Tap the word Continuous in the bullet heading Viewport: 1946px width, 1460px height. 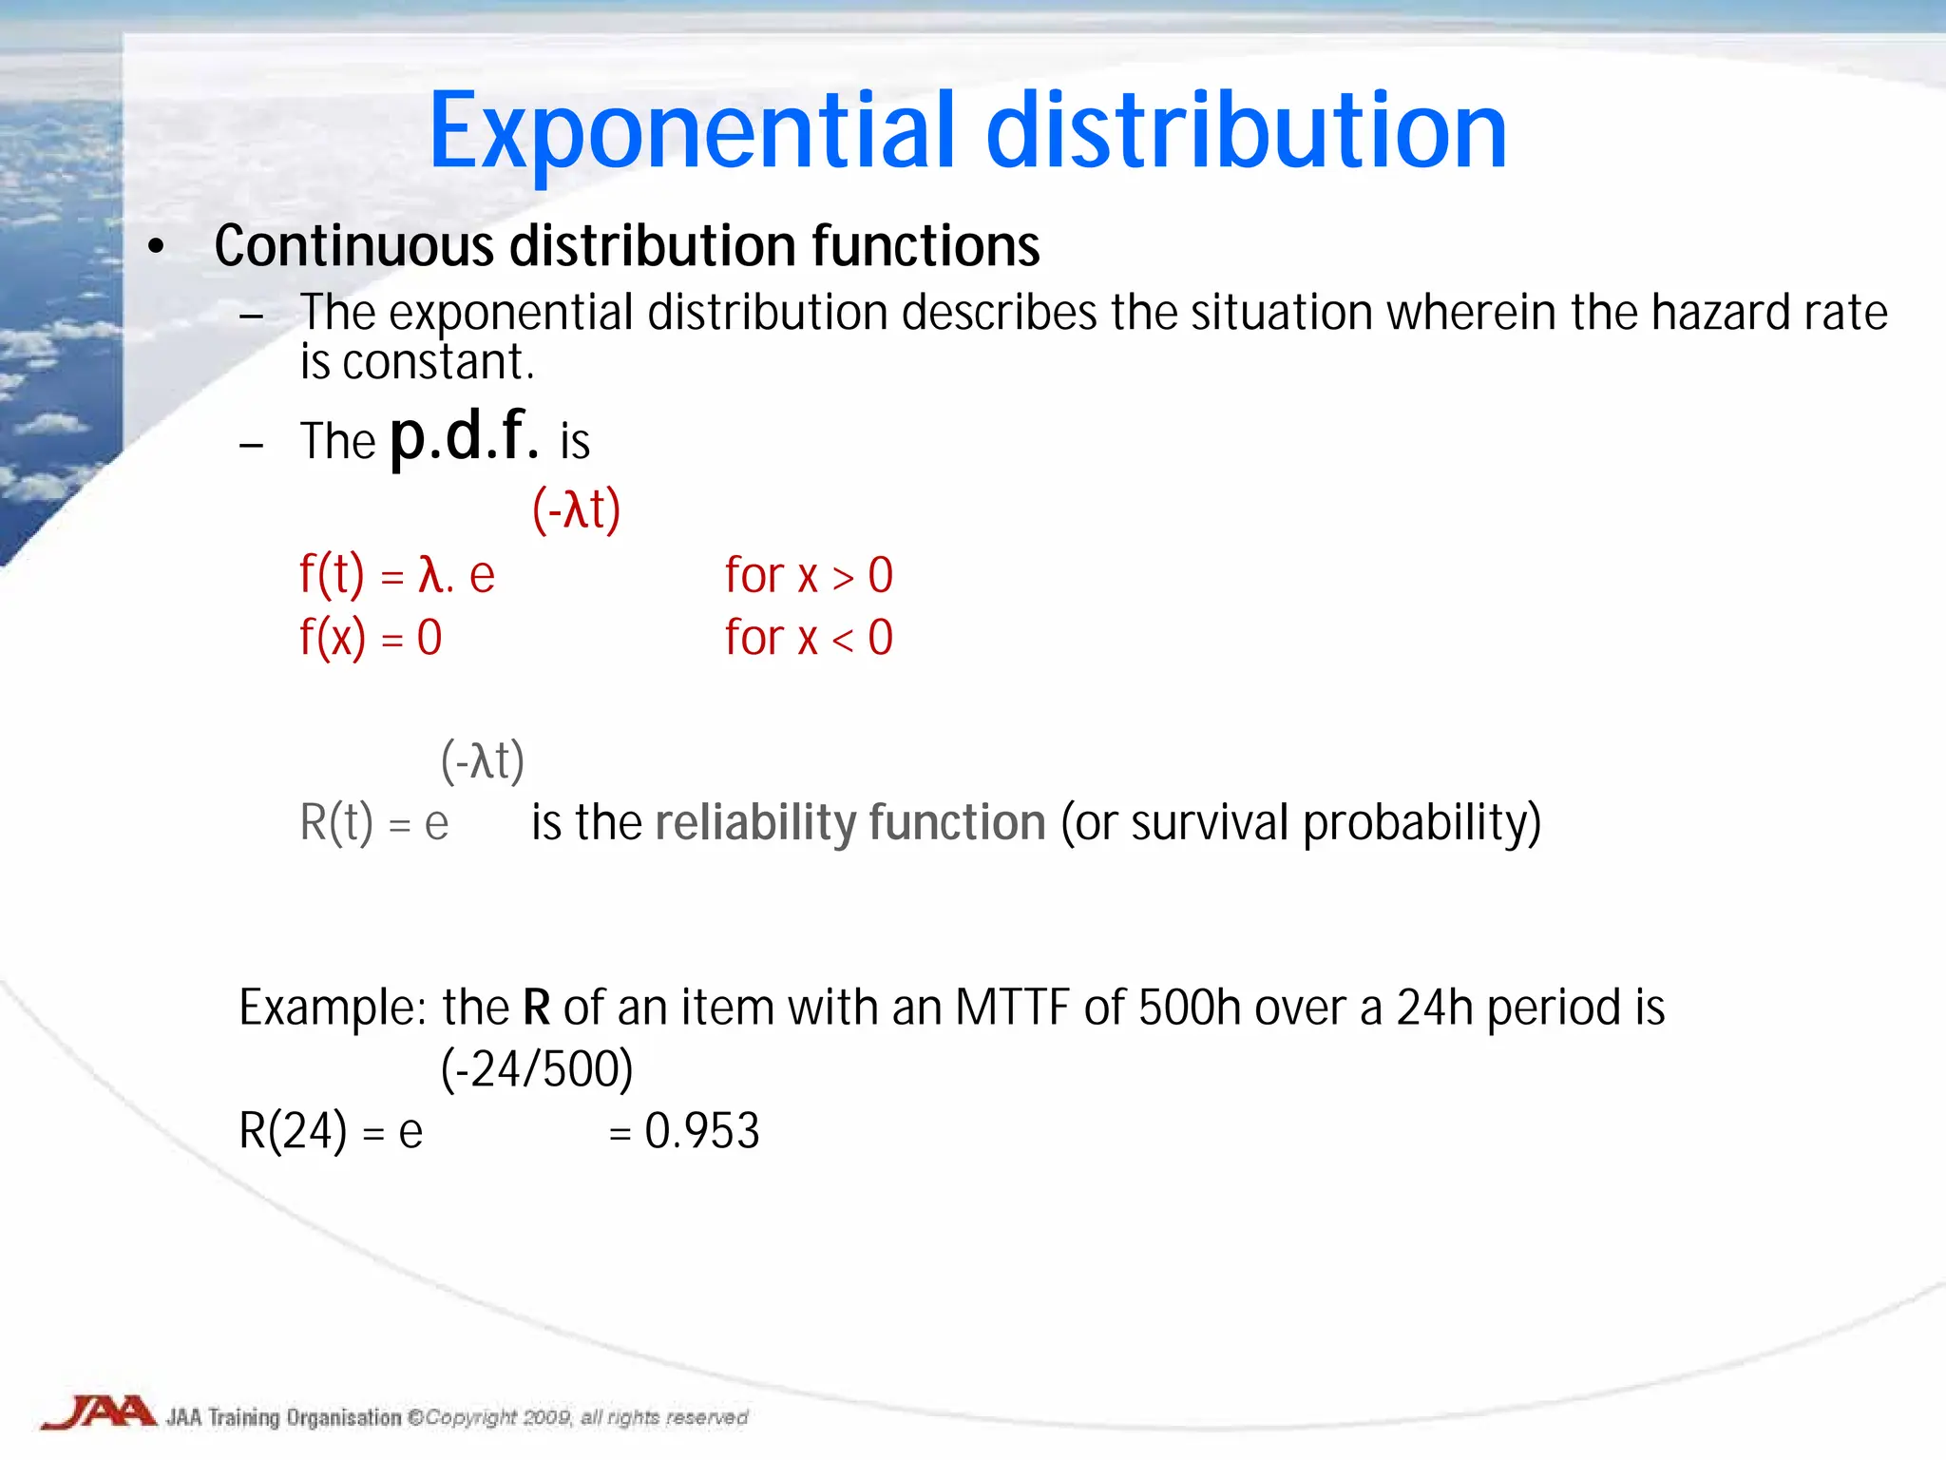pyautogui.click(x=353, y=246)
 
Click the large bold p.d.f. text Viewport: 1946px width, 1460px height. pyautogui.click(x=465, y=438)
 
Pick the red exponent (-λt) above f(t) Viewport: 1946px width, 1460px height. pyautogui.click(x=576, y=509)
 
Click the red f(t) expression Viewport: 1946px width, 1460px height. pyautogui.click(x=332, y=575)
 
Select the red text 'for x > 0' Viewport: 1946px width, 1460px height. pyautogui.click(x=809, y=576)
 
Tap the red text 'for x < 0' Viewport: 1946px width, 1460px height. pyautogui.click(x=809, y=638)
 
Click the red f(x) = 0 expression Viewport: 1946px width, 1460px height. pyautogui.click(x=371, y=638)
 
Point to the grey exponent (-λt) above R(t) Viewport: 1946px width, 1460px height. pyautogui.click(x=483, y=760)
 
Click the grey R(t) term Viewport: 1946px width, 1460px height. pyautogui.click(x=336, y=823)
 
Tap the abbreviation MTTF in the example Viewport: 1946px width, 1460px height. pyautogui.click(x=1012, y=1008)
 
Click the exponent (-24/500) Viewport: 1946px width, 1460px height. pyautogui.click(x=537, y=1069)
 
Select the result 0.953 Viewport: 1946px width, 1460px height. pyautogui.click(x=702, y=1131)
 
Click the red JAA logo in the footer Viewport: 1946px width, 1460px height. pyautogui.click(x=99, y=1412)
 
